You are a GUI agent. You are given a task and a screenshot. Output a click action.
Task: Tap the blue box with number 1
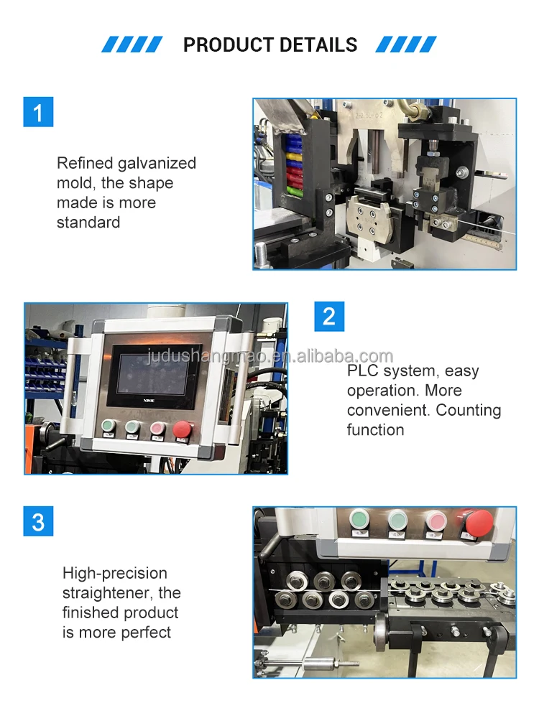38,112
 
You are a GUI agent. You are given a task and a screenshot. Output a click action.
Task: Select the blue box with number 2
329,317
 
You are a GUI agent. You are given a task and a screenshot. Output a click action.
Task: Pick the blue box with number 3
38,521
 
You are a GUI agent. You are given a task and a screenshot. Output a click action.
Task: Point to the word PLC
363,371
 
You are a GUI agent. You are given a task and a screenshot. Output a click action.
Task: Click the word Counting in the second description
469,410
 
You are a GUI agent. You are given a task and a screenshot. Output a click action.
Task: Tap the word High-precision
115,573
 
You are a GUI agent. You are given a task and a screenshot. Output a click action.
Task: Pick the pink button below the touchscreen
157,429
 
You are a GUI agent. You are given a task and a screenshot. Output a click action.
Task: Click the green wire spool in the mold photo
291,191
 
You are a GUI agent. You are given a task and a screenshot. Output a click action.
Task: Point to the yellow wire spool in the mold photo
291,152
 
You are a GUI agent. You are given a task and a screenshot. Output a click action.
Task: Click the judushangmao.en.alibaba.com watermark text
269,356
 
